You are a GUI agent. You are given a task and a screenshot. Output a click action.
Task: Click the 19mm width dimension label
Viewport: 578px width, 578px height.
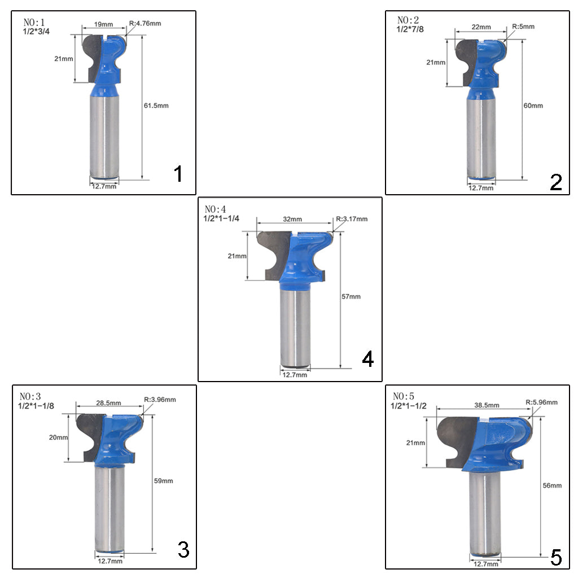click(104, 24)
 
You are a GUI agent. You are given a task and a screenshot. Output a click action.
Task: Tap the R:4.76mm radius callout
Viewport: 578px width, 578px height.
click(145, 23)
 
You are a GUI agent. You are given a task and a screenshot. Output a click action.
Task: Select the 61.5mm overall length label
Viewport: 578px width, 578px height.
click(156, 106)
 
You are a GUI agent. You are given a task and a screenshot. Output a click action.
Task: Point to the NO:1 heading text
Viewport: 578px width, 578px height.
click(34, 22)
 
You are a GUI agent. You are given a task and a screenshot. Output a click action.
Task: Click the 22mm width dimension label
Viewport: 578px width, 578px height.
click(481, 27)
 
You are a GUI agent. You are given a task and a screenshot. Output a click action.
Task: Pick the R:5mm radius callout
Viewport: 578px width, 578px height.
click(523, 27)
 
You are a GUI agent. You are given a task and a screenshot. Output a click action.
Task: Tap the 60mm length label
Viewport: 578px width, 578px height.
click(533, 106)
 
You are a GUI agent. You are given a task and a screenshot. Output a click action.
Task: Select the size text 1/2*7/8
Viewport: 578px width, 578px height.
click(410, 29)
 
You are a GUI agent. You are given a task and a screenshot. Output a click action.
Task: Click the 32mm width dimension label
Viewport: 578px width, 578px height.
click(292, 219)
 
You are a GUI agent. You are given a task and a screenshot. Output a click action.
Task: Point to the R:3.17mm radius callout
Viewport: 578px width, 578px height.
click(352, 219)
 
